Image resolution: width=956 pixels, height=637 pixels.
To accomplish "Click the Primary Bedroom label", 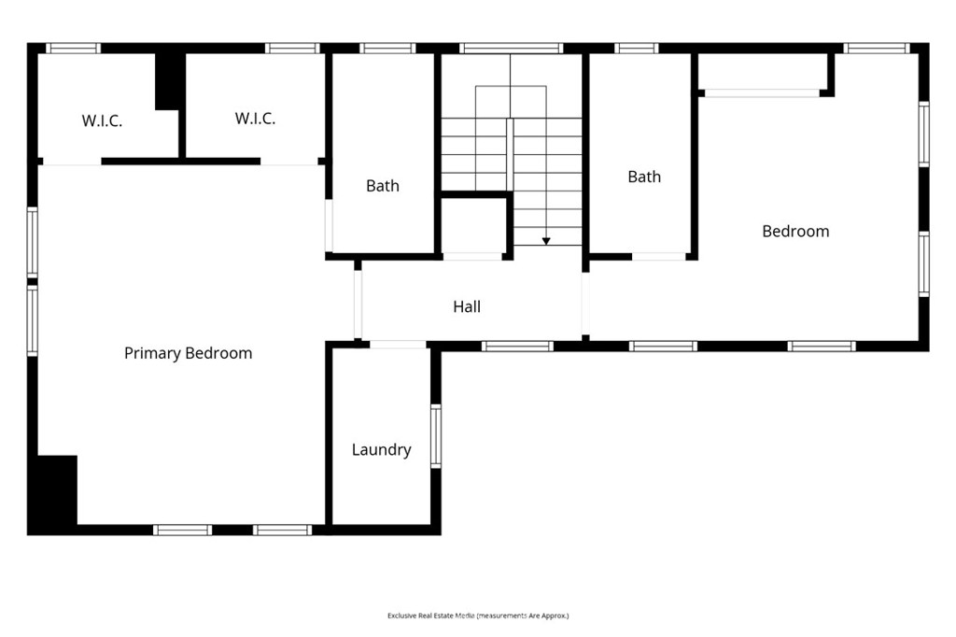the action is click(188, 353).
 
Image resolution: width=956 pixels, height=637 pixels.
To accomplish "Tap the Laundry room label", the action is click(381, 449).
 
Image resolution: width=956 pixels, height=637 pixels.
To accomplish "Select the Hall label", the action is click(467, 306).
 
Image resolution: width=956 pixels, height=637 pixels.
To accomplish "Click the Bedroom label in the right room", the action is click(795, 232).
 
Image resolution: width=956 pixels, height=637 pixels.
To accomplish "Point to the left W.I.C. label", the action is click(102, 120).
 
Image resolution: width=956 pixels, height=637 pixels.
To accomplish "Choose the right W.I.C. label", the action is click(255, 119).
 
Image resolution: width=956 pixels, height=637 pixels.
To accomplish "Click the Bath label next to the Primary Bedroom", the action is click(382, 186).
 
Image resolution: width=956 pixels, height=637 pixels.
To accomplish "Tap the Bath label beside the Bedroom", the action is click(644, 177).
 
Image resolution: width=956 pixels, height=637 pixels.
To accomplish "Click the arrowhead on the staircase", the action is click(546, 241).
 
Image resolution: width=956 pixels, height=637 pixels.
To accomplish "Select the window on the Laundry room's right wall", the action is click(436, 436).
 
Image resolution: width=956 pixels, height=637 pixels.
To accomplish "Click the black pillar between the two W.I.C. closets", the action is click(170, 82).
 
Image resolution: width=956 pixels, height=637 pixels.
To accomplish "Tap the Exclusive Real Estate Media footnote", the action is click(478, 616).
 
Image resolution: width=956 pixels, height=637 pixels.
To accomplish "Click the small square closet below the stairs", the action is click(473, 225).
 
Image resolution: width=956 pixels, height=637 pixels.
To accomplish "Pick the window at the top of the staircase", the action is click(511, 49).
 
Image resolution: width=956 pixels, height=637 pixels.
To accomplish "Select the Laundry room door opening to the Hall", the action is click(398, 345).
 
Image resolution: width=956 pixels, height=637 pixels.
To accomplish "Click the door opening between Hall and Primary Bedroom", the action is click(358, 304).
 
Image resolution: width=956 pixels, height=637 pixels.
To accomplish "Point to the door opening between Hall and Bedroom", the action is click(585, 304).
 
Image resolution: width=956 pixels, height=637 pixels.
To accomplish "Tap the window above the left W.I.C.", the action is click(73, 49).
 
